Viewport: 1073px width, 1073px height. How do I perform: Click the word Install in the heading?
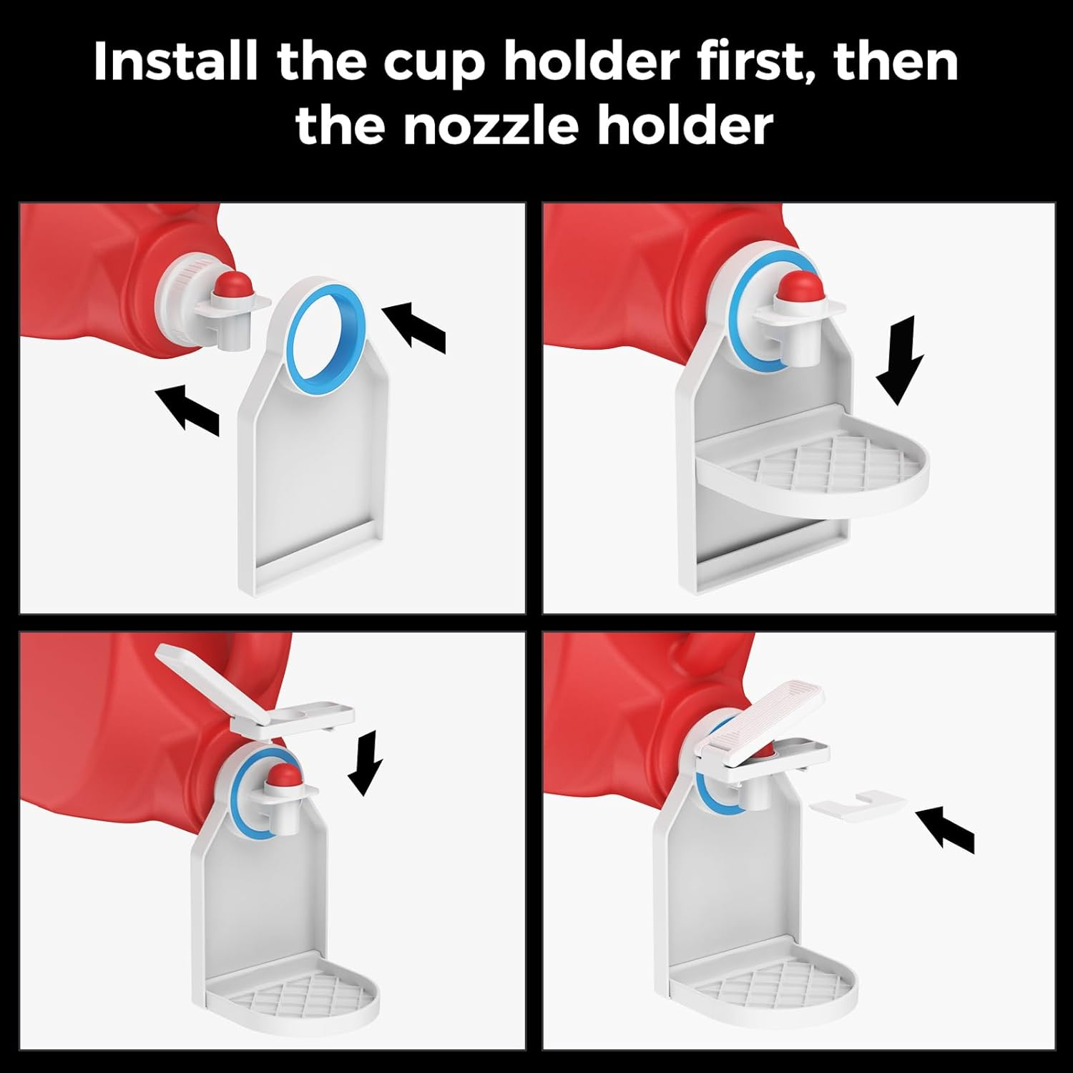pos(175,62)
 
